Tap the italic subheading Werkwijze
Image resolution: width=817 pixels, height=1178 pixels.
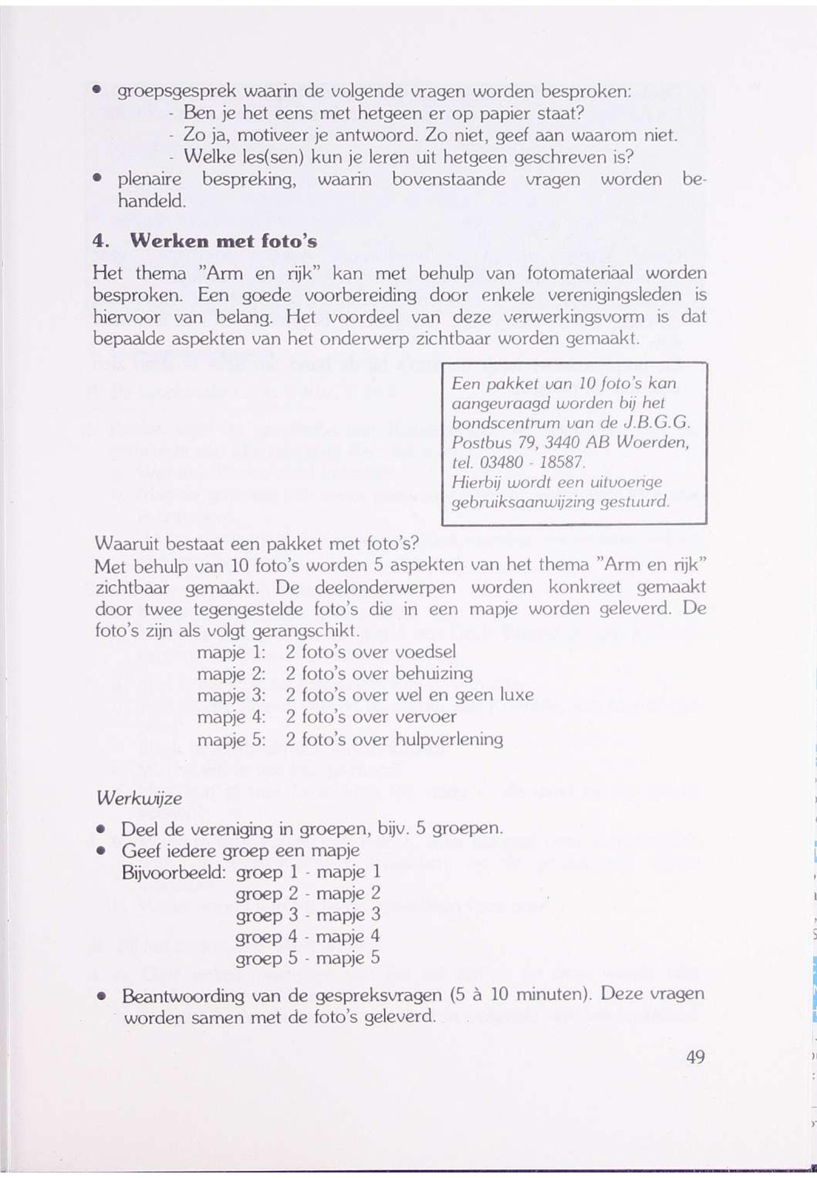pyautogui.click(x=139, y=798)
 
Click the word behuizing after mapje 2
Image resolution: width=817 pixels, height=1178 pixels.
pyautogui.click(x=434, y=673)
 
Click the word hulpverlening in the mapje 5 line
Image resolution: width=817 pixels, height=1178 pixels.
pyautogui.click(x=449, y=739)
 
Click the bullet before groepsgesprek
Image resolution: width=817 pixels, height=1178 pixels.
pyautogui.click(x=96, y=91)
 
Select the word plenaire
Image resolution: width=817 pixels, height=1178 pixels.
pyautogui.click(x=150, y=179)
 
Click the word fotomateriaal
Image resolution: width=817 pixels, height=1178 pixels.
pyautogui.click(x=578, y=273)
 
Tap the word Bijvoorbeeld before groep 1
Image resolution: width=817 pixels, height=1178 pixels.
pyautogui.click(x=174, y=872)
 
